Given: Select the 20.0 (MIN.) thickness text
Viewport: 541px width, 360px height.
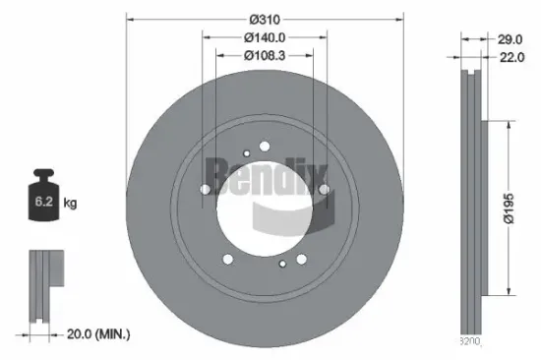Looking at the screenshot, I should pos(97,335).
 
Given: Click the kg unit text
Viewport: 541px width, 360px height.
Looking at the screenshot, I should pos(70,204).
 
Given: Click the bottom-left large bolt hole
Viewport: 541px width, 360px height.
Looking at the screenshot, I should pos(228,259).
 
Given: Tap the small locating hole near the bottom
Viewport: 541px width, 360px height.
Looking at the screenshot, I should pos(281,265).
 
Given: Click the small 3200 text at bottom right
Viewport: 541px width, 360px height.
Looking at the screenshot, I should pos(471,342).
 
